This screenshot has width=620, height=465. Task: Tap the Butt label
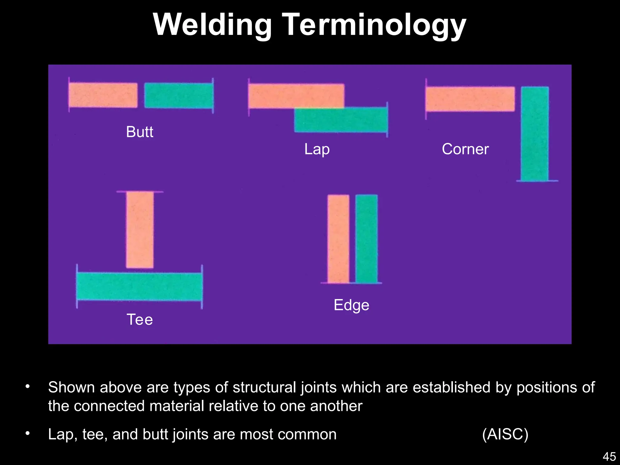point(140,132)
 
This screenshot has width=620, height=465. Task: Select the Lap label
point(317,149)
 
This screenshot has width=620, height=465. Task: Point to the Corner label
point(465,149)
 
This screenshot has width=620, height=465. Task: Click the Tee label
point(140,320)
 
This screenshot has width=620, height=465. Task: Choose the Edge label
point(351,305)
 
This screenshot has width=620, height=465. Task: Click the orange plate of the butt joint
point(103,95)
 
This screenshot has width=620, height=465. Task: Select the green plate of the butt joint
point(179,96)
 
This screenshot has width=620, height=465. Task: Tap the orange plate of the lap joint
point(296,96)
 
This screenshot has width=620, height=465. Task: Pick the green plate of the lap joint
point(341,120)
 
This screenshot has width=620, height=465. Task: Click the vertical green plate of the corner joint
point(535,134)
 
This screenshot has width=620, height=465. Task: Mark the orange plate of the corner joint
point(470,99)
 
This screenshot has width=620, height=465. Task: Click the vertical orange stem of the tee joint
point(140,229)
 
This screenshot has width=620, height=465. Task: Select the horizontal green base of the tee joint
point(139,286)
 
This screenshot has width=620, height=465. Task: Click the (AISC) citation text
point(505,434)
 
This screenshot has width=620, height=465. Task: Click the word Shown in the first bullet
point(71,387)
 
